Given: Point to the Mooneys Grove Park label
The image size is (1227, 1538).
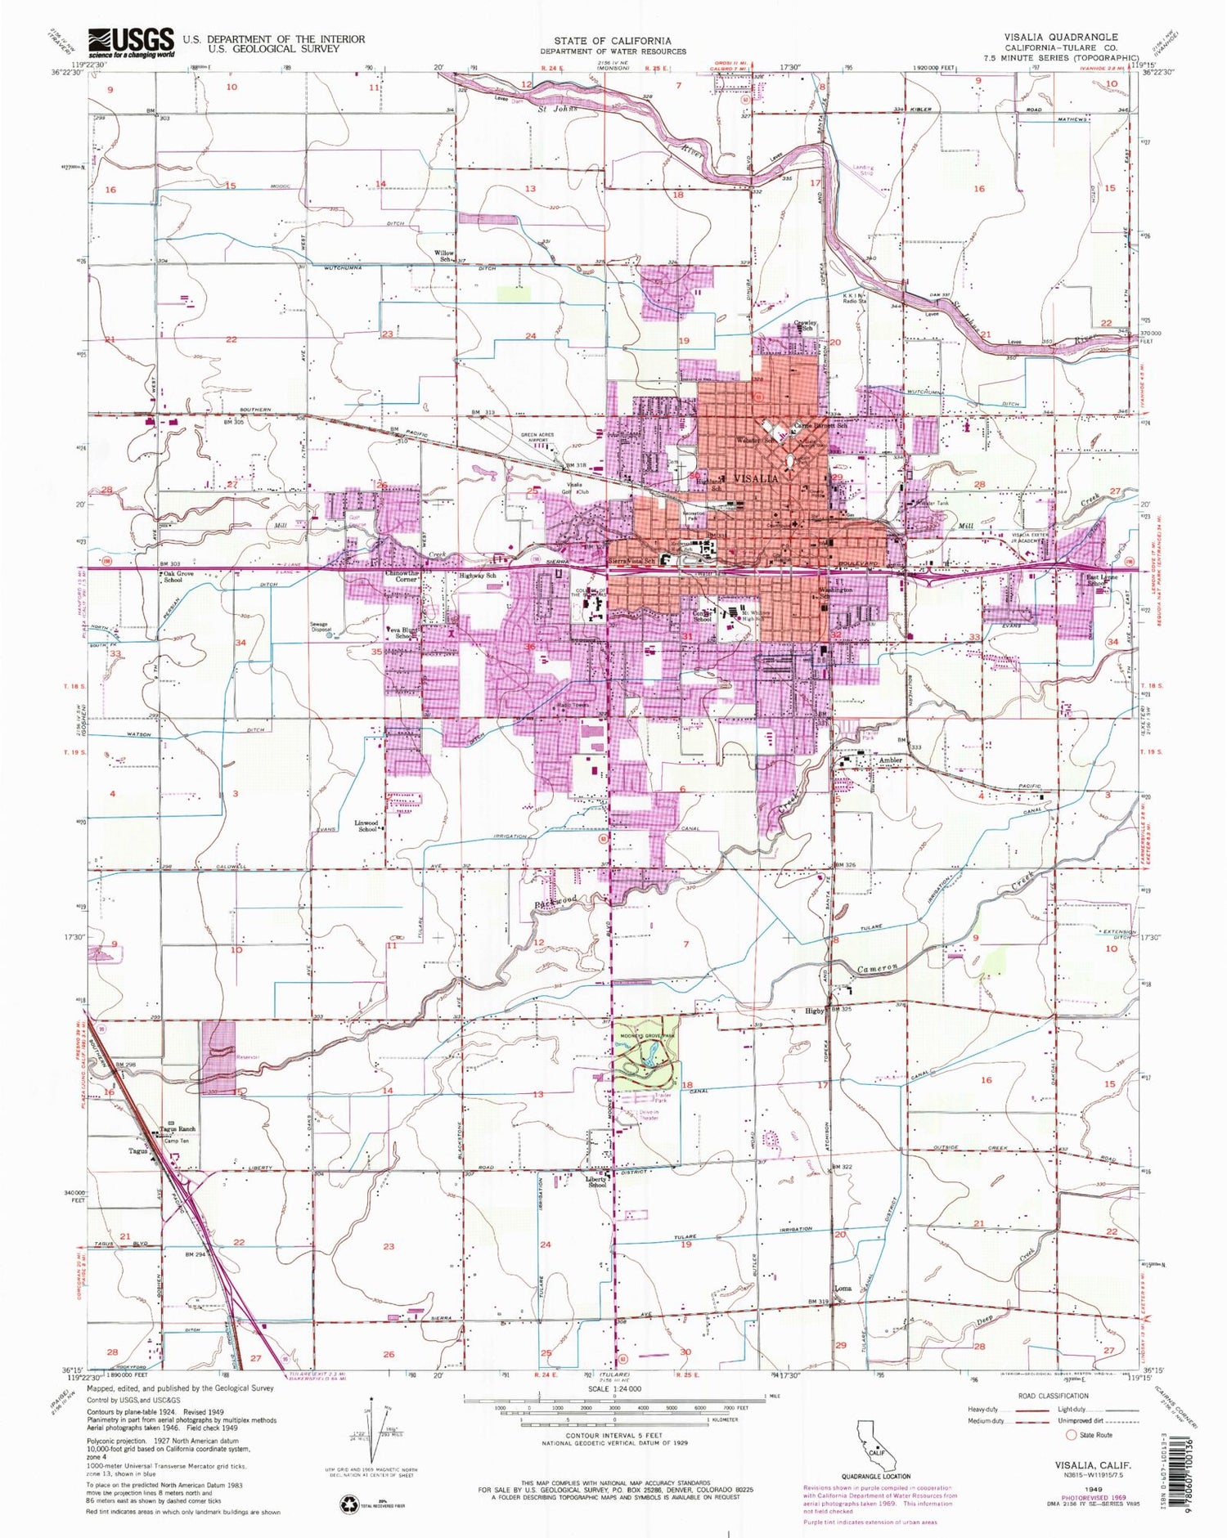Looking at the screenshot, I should tap(646, 1036).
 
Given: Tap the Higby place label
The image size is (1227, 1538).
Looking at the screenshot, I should tap(815, 1011).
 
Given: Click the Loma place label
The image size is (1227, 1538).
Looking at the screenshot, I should tap(843, 1288).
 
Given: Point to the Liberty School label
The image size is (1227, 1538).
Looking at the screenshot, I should tap(596, 1182).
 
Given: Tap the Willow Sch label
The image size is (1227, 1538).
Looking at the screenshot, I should tap(444, 257).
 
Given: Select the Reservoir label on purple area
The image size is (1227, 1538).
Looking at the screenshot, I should tap(224, 1056).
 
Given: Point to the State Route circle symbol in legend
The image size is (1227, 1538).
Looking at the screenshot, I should tap(1070, 1434).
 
